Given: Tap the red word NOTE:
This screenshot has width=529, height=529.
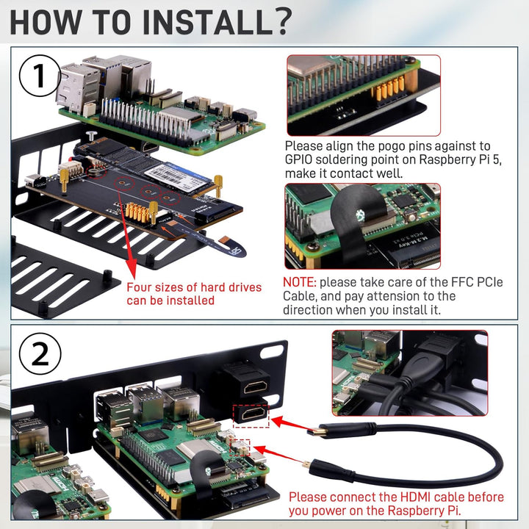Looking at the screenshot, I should click(300, 282).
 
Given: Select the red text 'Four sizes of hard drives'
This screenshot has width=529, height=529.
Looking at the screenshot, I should click(193, 287).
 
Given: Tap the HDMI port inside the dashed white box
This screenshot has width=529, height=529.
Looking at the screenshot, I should click(251, 416).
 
